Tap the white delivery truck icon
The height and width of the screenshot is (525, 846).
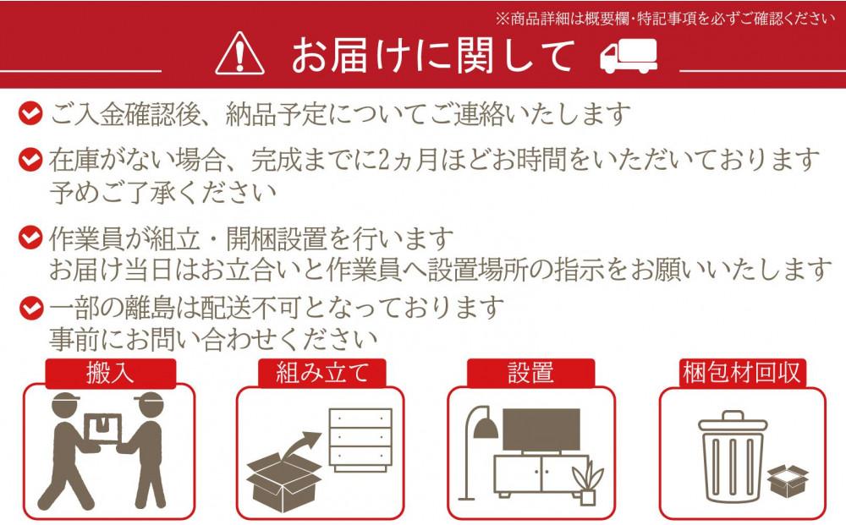click(x=629, y=56)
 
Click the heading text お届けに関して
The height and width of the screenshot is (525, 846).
click(x=432, y=56)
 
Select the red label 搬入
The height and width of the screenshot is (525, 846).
click(x=110, y=373)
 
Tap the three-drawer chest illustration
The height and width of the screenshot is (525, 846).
click(x=360, y=441)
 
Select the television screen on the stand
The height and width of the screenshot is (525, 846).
click(x=541, y=432)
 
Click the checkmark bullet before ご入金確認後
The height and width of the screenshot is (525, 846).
click(x=32, y=112)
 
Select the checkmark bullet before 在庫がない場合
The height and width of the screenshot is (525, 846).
click(x=32, y=158)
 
